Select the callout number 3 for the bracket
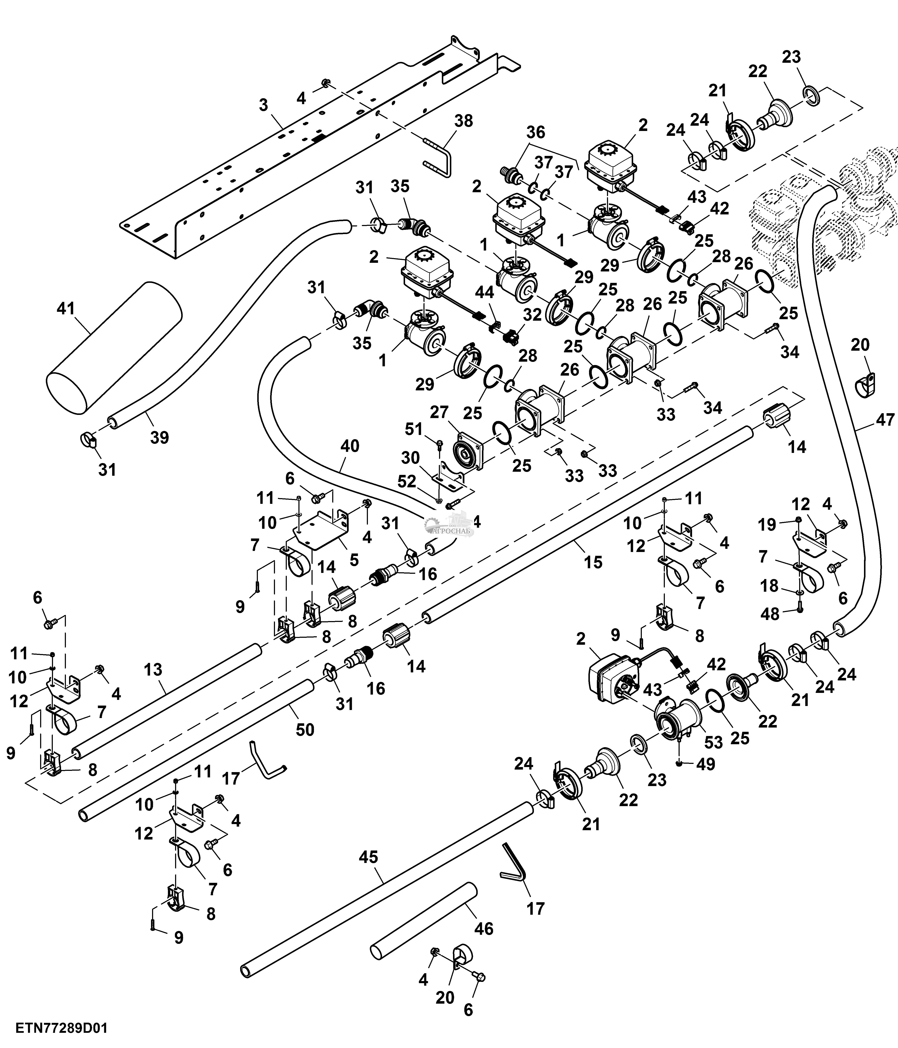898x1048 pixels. click(263, 105)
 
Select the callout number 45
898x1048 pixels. click(369, 857)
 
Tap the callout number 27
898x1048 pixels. click(439, 412)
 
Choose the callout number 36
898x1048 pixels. click(536, 132)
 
